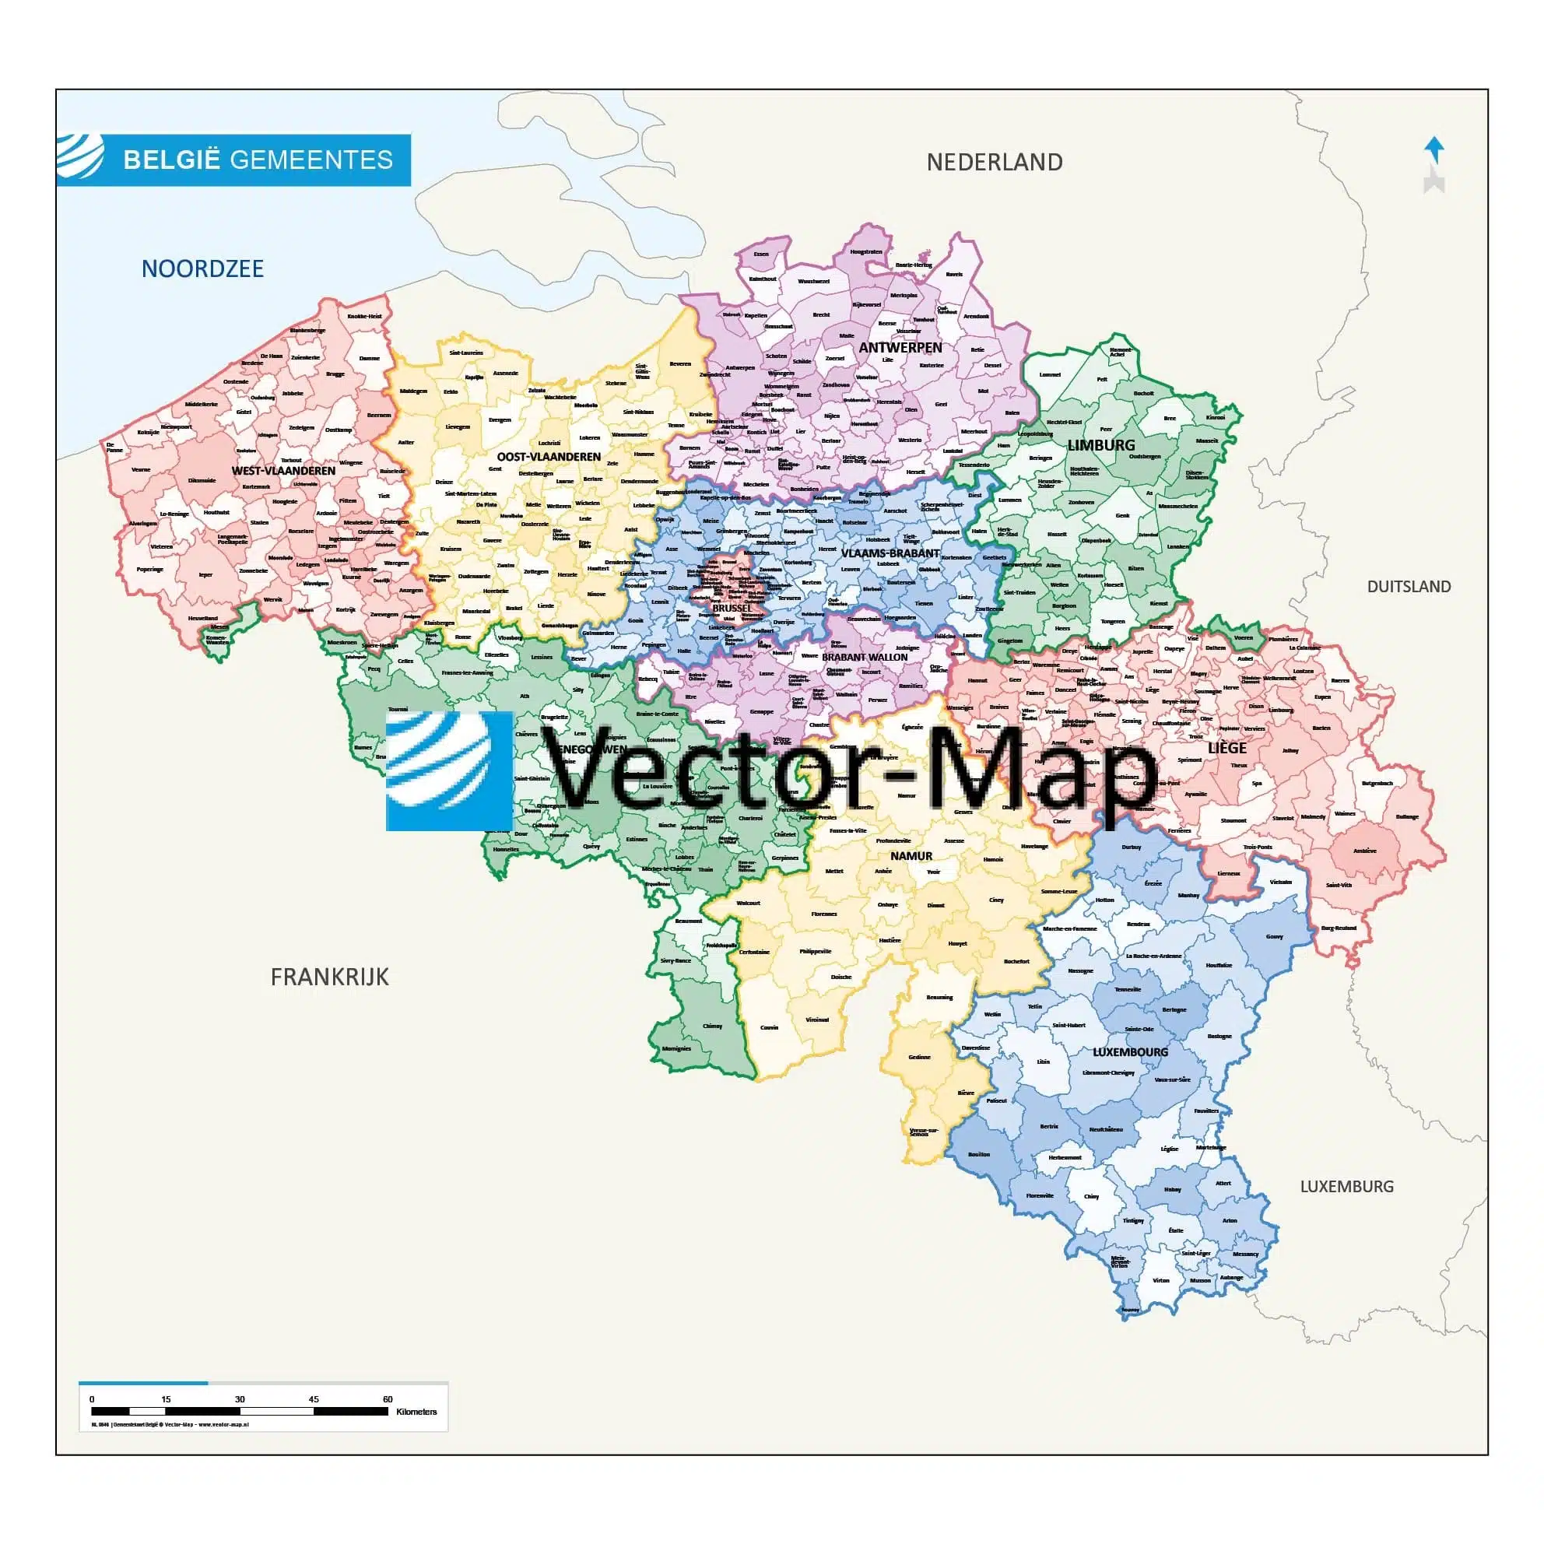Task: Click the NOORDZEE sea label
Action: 202,268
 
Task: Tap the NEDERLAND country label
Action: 994,162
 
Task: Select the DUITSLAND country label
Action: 1408,587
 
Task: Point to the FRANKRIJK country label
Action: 329,977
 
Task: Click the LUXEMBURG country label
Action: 1346,1187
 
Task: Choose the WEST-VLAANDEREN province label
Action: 284,471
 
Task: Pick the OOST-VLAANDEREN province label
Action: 548,457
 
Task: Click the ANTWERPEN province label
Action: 900,348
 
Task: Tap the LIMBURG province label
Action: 1100,445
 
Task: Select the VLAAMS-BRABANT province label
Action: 890,553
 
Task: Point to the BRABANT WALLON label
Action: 864,657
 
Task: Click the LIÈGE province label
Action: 1226,748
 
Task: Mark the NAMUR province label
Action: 911,856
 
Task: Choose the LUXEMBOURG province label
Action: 1130,1051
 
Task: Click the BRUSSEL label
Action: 732,608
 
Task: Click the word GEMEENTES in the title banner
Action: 311,160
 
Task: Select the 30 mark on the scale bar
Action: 240,1399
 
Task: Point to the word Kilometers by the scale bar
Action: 416,1412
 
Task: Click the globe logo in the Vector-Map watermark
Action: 449,771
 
